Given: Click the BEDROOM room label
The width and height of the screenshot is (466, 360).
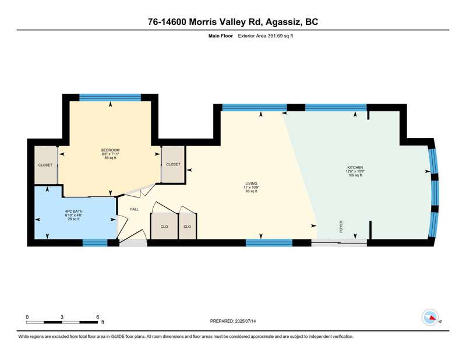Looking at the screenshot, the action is click(x=110, y=150).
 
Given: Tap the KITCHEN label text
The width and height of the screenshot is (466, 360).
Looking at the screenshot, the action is click(x=355, y=168).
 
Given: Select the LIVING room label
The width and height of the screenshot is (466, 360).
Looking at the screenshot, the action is click(x=251, y=183).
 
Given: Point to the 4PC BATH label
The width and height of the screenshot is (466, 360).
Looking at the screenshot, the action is click(x=74, y=211).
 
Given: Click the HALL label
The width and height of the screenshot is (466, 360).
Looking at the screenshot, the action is click(x=135, y=209).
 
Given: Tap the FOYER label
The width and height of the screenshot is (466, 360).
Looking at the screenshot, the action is click(x=341, y=226).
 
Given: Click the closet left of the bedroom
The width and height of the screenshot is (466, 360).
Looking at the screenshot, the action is click(x=45, y=165).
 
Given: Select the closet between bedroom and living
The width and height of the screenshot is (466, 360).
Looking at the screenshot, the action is click(x=173, y=164).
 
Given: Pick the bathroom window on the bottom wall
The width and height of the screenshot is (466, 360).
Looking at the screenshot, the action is click(x=95, y=243).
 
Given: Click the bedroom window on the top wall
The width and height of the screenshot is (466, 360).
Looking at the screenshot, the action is click(x=110, y=97).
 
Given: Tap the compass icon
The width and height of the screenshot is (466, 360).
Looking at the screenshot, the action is click(x=430, y=317).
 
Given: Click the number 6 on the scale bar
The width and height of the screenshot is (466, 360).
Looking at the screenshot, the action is click(x=97, y=317).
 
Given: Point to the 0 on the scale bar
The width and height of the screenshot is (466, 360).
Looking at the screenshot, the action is click(x=27, y=317).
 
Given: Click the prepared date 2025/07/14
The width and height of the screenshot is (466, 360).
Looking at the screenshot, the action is click(x=245, y=321).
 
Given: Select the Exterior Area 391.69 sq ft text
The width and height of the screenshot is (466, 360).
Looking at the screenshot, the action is click(x=266, y=36).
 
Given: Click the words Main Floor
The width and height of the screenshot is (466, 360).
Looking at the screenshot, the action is click(x=221, y=36).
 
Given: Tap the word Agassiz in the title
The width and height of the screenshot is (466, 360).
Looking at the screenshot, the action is click(x=282, y=22).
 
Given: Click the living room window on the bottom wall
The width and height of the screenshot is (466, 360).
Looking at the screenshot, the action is click(x=269, y=243).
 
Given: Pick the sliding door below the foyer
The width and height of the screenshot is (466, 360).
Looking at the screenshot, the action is click(x=339, y=243).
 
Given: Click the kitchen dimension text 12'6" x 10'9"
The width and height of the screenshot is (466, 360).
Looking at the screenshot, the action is click(x=355, y=171).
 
